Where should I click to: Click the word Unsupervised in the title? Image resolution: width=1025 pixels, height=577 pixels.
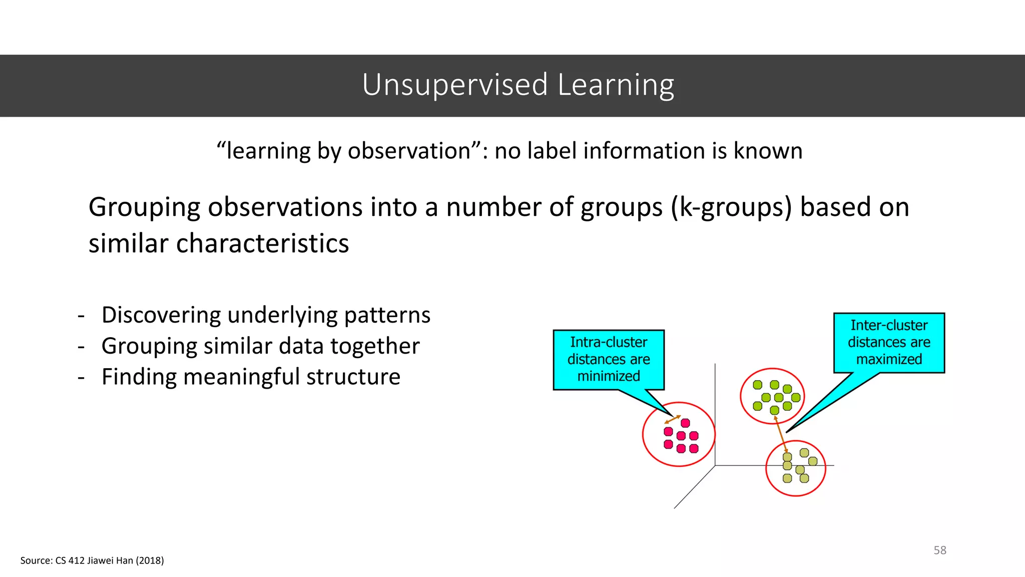click(454, 85)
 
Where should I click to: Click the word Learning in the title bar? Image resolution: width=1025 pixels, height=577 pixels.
click(616, 85)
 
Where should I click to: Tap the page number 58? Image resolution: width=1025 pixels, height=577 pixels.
click(939, 550)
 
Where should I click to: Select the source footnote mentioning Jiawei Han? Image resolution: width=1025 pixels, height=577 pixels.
click(92, 560)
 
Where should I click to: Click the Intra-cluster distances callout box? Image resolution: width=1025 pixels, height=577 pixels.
click(608, 359)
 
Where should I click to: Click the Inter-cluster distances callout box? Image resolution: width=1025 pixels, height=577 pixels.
click(888, 343)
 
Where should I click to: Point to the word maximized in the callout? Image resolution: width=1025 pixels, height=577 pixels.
click(888, 359)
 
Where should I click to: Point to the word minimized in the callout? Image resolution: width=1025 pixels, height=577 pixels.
click(608, 376)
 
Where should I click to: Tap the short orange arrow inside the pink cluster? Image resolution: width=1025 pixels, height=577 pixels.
click(672, 420)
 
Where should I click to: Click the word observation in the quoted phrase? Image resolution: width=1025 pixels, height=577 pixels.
click(409, 151)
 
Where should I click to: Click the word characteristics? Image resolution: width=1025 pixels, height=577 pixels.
click(262, 243)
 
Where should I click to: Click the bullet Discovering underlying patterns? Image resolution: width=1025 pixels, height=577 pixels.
click(265, 315)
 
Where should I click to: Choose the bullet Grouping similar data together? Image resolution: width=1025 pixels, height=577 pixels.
click(260, 346)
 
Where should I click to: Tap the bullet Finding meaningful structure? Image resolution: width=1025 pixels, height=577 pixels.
click(250, 377)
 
